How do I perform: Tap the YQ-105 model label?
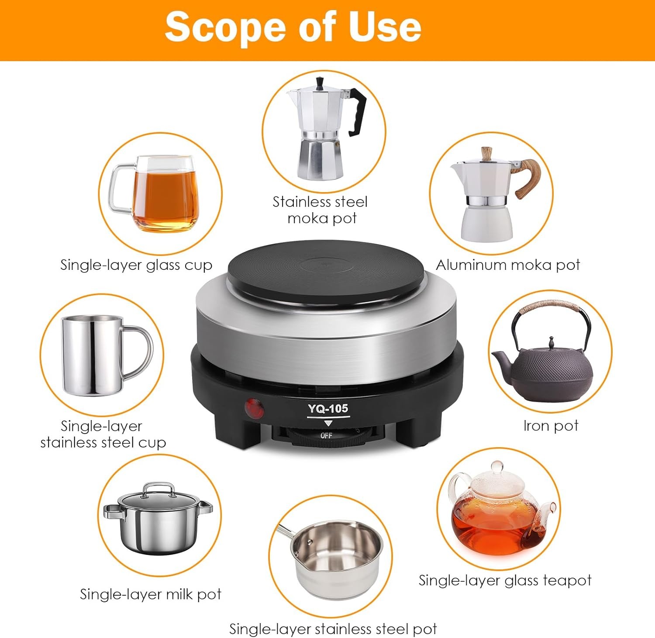tap(328, 409)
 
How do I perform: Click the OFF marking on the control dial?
tap(326, 435)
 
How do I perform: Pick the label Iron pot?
tap(551, 425)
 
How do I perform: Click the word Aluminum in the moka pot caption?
tap(471, 265)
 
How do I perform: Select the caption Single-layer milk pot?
tap(150, 594)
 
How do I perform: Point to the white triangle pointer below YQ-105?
tap(328, 423)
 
